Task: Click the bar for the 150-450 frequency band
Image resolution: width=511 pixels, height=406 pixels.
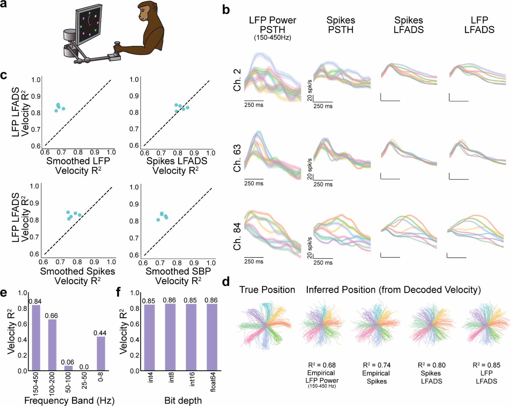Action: coord(36,338)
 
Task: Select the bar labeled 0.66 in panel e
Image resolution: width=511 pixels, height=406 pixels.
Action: coord(52,345)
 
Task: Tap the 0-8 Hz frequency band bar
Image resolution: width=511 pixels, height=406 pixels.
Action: coord(101,353)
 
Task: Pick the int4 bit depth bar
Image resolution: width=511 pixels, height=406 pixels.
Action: coord(149,337)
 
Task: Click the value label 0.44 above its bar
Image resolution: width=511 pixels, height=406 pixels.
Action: coord(100,333)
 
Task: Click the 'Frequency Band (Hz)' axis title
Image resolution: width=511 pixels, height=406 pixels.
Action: coord(69,400)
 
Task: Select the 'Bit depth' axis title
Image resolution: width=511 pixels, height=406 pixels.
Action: coord(183,400)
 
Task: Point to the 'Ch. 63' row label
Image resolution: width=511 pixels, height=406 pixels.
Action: coord(237,158)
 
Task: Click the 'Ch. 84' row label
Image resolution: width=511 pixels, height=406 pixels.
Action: coord(237,237)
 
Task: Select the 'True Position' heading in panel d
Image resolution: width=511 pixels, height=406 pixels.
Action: coord(267,290)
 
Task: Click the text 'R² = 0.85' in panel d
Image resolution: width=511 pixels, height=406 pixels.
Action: coord(486,365)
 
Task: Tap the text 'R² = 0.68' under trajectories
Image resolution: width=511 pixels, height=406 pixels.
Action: coord(322,365)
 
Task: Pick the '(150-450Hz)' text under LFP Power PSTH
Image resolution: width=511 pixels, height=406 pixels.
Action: coord(273,38)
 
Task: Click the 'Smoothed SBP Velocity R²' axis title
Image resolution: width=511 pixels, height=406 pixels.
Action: coord(178,276)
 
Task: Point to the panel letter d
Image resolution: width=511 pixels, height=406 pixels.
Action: coord(226,282)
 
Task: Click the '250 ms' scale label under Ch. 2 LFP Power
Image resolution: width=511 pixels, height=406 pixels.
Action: coord(254,105)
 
